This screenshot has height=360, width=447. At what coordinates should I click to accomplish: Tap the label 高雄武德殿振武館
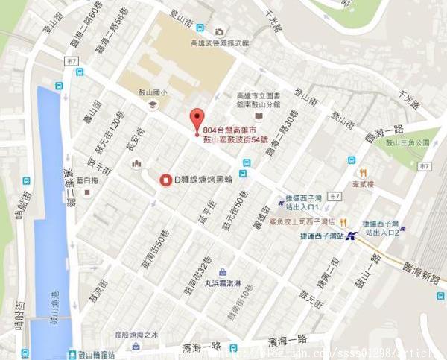(220, 43)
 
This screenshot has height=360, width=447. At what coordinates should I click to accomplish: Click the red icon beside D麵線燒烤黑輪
(165, 179)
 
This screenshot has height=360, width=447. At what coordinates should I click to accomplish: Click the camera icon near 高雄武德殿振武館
(219, 31)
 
